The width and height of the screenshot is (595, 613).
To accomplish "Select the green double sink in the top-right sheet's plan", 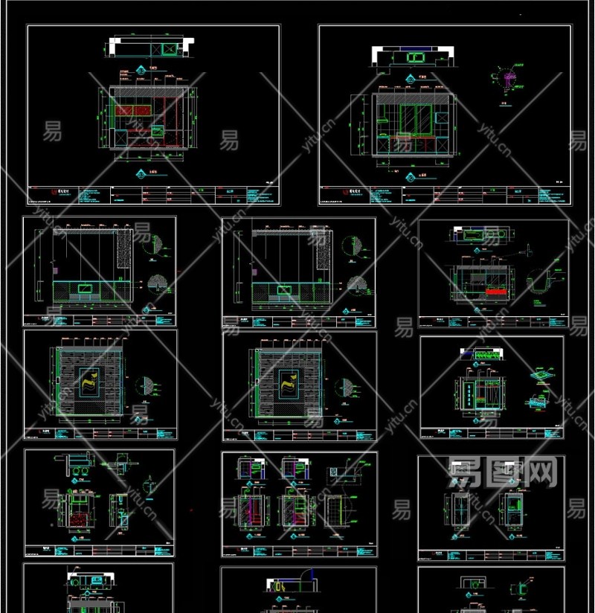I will click(413, 60).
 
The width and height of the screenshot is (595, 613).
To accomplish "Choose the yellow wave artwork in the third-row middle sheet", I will click(287, 384).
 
